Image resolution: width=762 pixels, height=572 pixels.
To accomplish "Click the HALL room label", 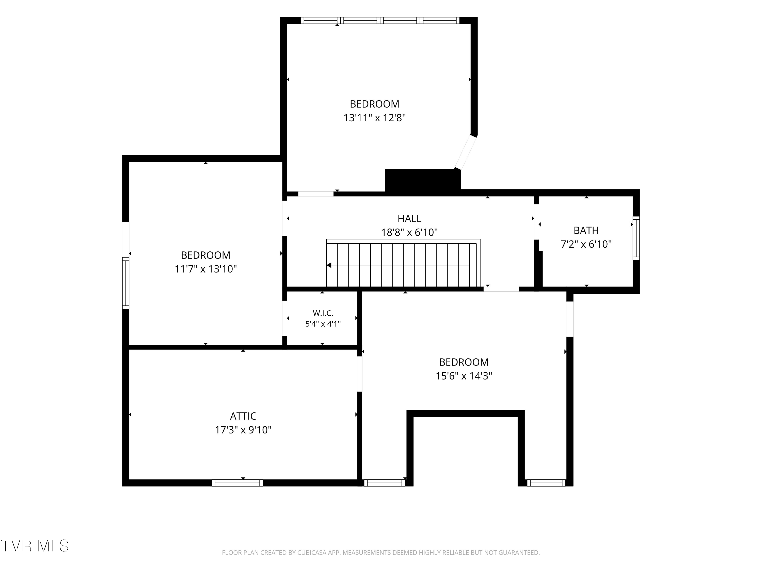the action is pos(409,219).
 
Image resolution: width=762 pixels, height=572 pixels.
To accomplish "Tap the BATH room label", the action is pos(586,230).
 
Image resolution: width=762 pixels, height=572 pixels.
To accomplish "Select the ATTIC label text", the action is pos(243,416).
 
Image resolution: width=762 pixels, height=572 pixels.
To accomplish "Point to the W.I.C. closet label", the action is pos(323,313).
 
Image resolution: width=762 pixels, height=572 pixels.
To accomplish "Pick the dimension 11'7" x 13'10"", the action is pos(206,269).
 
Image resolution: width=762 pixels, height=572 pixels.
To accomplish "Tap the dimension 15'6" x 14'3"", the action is pos(464,376).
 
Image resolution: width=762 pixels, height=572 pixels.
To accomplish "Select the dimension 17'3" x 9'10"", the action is pos(243,430).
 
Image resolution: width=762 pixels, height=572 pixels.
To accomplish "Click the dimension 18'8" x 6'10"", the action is pos(409,232).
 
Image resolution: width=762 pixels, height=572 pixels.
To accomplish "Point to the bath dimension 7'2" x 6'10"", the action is pos(586,244).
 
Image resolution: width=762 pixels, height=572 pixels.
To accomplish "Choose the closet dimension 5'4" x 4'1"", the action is pos(323,324).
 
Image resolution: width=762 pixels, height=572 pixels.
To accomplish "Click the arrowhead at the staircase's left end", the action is pos(329,265).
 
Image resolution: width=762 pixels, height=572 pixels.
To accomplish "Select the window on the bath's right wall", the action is pos(636,238).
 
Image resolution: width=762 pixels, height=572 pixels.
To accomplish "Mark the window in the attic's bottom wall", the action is pos(237,483).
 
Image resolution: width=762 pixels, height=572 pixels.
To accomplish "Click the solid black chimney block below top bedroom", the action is pos(423,180).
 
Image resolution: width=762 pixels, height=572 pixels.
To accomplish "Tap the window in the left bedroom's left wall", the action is pos(126,283).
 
